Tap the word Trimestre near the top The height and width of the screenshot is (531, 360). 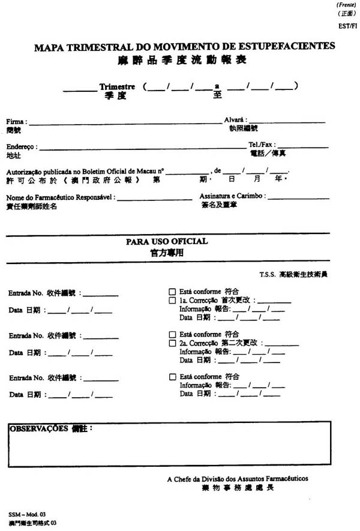117,87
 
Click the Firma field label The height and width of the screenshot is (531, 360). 16,122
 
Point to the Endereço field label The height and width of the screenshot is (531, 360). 22,146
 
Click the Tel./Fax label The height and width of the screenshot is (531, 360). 261,145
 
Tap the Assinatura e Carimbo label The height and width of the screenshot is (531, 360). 232,196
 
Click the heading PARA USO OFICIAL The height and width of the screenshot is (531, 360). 167,241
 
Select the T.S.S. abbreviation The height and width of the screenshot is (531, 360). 268,274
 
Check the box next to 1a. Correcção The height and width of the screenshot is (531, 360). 172,300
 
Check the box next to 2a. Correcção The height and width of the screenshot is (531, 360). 172,343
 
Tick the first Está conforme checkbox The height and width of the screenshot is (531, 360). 172,291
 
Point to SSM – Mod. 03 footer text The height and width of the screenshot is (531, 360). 26,515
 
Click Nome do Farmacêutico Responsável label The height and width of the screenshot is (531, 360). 61,197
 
